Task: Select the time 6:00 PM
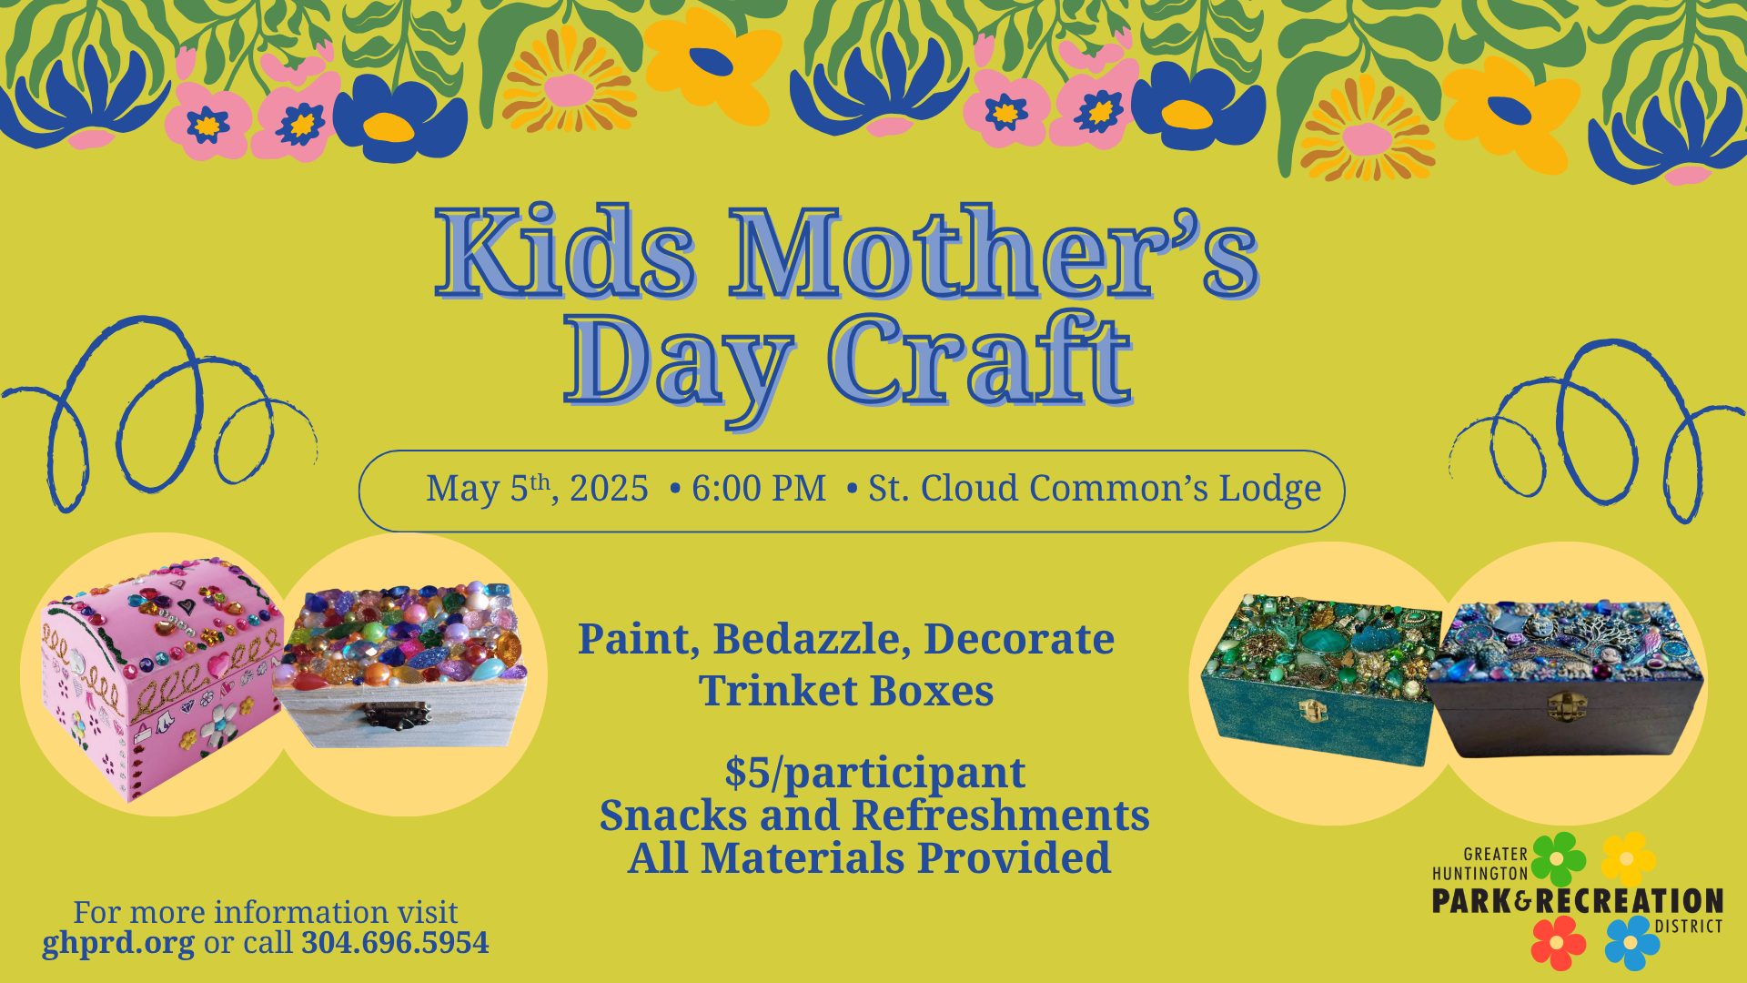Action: (759, 489)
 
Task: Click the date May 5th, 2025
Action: (537, 489)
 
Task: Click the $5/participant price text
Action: (875, 774)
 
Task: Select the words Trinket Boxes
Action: (846, 691)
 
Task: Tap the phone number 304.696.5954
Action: (395, 942)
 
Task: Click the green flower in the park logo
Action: (1558, 858)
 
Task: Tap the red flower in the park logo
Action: (1559, 943)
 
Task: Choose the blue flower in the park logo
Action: (1632, 943)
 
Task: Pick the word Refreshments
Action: (1000, 816)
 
